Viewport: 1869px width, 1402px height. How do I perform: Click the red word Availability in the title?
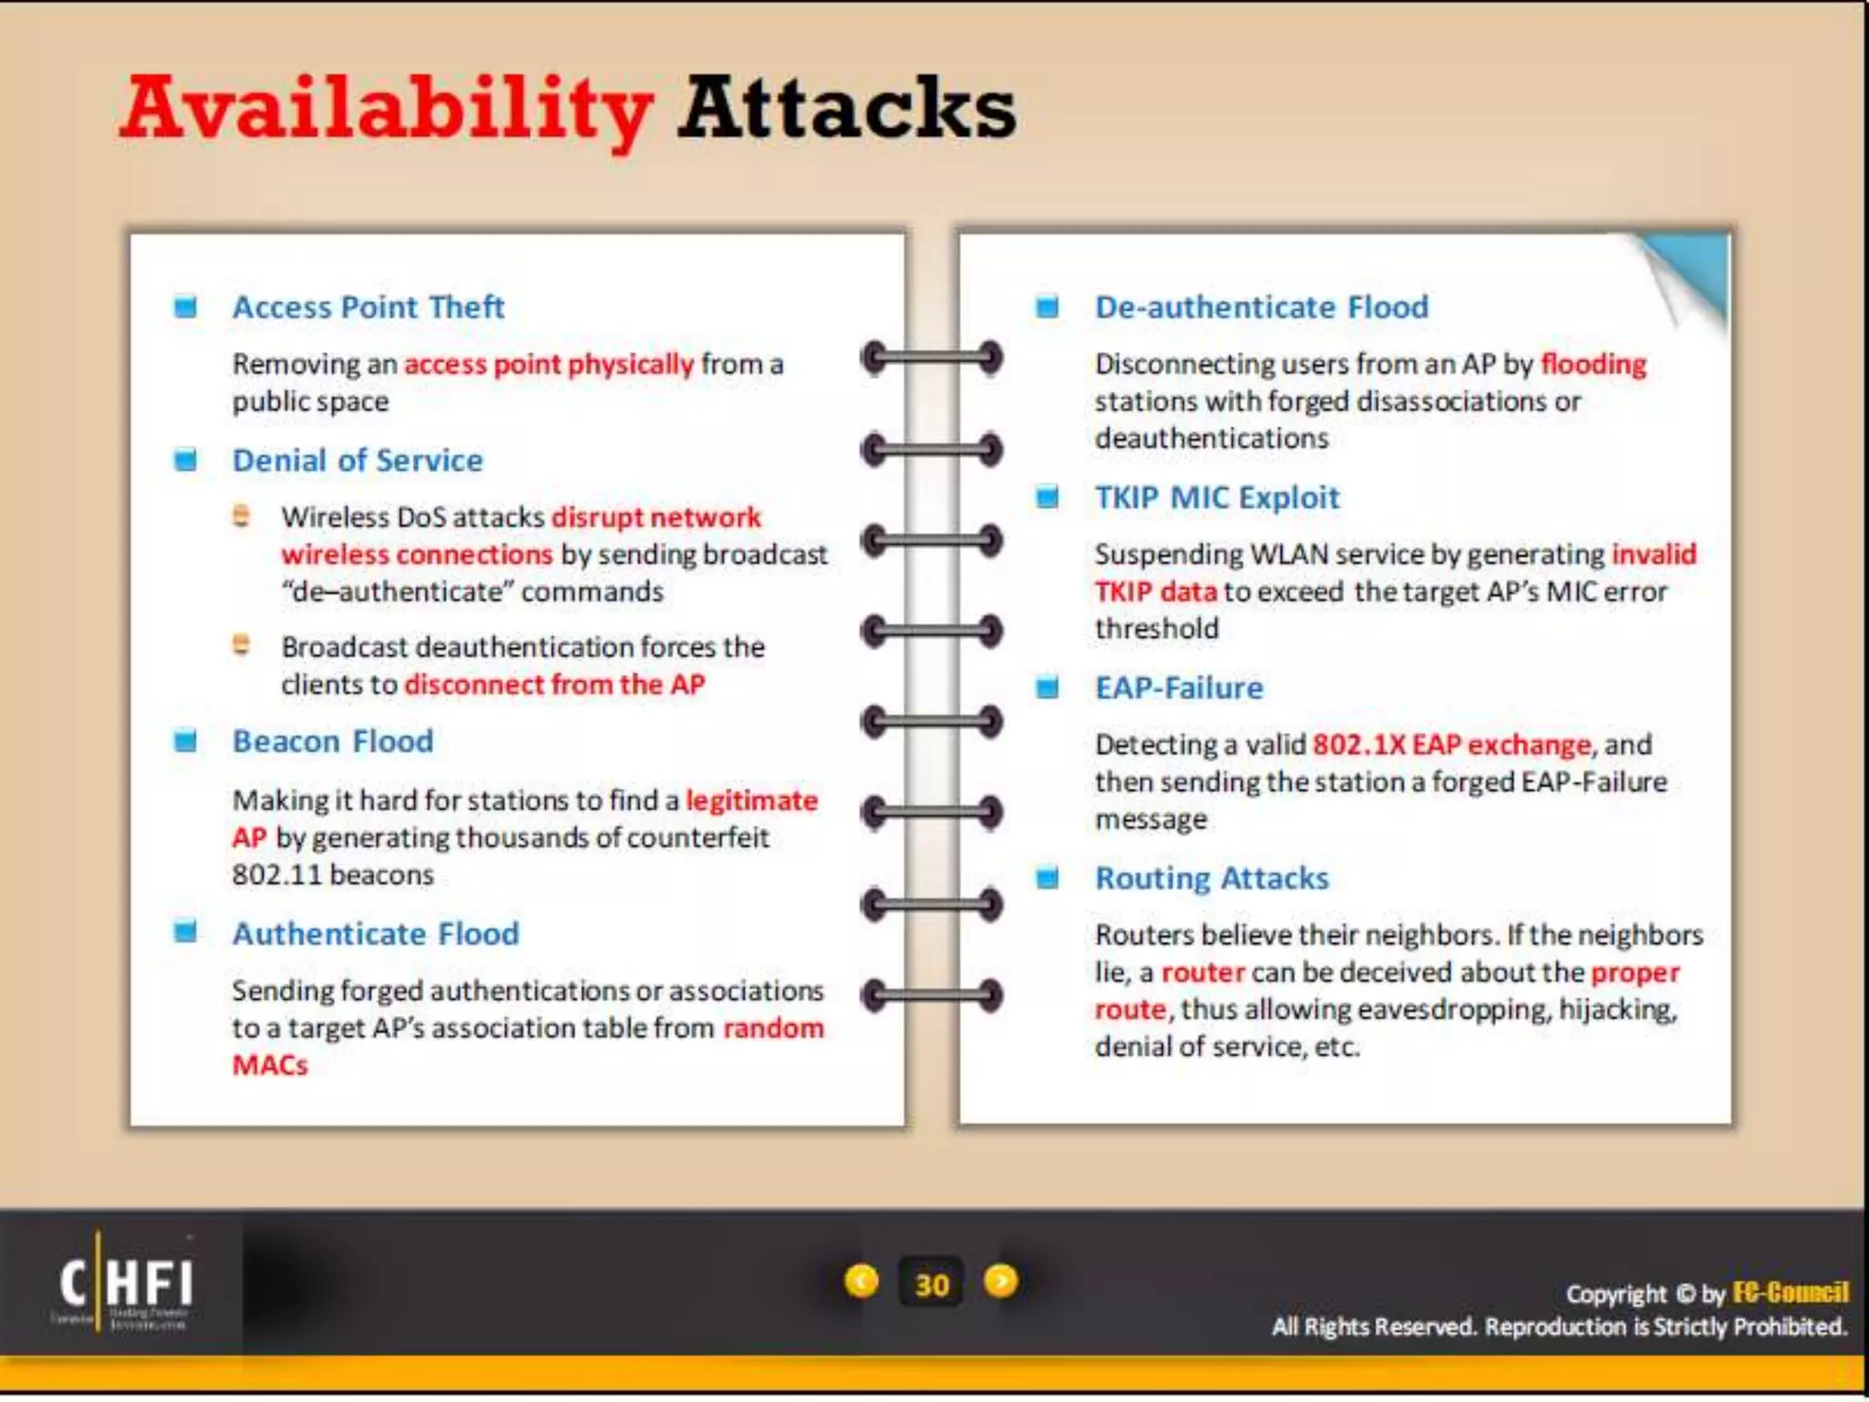386,110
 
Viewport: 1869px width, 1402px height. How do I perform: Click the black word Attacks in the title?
846,110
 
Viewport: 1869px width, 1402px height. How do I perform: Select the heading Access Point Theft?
368,307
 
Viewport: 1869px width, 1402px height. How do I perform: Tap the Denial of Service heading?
357,460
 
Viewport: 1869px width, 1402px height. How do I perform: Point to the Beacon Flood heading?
332,741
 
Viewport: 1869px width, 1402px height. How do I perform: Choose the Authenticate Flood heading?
375,934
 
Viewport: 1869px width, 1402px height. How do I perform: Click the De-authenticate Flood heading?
1261,307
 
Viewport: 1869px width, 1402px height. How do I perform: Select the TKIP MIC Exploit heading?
1216,497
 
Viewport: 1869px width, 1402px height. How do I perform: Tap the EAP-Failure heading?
1178,687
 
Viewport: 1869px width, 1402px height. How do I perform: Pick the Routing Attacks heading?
1211,878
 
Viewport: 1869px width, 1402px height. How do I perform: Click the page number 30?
931,1284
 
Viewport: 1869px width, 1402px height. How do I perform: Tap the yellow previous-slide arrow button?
861,1282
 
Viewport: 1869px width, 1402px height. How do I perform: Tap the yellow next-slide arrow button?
1001,1282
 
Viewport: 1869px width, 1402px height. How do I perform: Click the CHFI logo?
125,1282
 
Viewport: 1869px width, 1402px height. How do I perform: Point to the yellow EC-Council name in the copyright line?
1790,1292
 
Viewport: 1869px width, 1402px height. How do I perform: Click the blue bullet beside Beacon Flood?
185,741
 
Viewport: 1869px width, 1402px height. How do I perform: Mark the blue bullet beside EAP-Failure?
1048,687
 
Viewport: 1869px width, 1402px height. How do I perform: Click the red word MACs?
270,1065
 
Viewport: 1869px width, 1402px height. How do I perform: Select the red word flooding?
1593,364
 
